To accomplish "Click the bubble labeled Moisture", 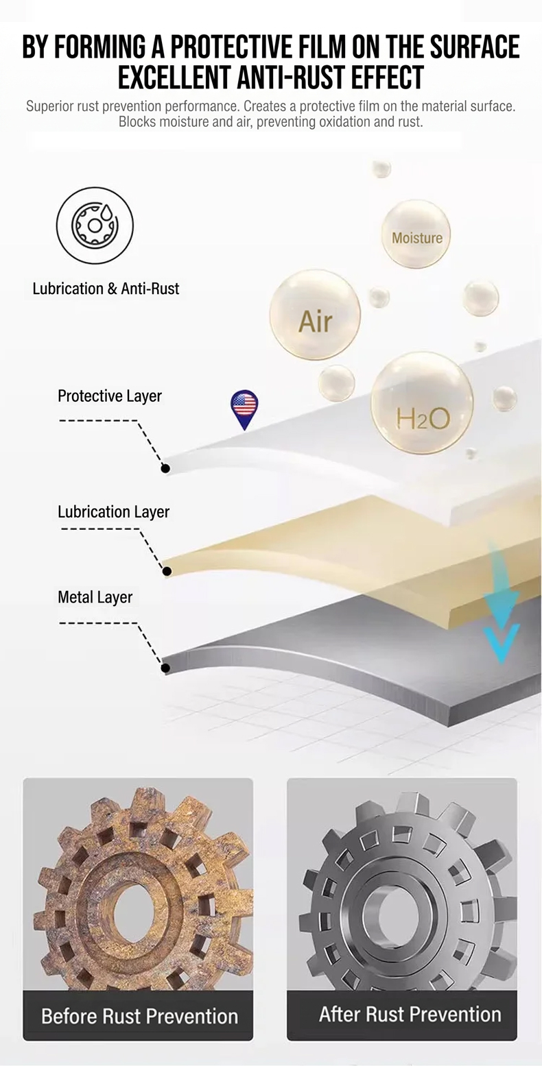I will click(x=416, y=234).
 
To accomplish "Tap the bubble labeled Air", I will click(x=315, y=315).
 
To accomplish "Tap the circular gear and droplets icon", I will click(x=95, y=226).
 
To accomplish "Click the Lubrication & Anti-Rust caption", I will click(x=106, y=289).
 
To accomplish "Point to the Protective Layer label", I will click(x=110, y=396).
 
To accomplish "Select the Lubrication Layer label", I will click(x=113, y=512).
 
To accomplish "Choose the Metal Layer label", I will click(x=95, y=597).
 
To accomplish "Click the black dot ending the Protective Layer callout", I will click(x=165, y=468).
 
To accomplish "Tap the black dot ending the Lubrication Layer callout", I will click(x=167, y=571).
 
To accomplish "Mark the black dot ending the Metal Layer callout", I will click(x=165, y=668).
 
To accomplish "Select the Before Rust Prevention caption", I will click(x=139, y=1016).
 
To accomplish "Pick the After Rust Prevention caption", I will click(x=410, y=1015).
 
